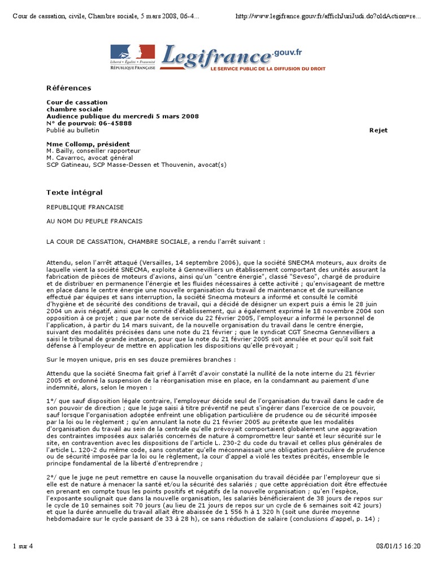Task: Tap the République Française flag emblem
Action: coord(132,53)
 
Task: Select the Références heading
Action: coord(68,88)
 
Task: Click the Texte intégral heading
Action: coord(74,193)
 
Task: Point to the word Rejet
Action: coord(378,130)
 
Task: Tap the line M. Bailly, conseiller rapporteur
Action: coord(93,151)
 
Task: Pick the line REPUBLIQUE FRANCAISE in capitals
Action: coord(85,208)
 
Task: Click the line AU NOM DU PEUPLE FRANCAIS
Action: coord(94,221)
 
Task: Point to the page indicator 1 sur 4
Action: coord(23,562)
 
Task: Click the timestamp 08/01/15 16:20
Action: coord(398,562)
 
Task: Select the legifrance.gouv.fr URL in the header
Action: coord(328,16)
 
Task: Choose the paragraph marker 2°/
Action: coord(51,477)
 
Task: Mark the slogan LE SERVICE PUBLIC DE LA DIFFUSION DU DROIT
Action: coord(267,68)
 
